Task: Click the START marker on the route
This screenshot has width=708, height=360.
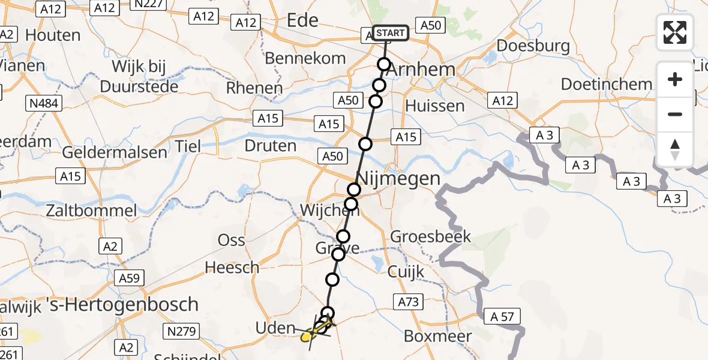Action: (x=391, y=33)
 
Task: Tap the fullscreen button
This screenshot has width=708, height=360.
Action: (x=675, y=32)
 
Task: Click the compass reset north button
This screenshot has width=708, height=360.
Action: (x=675, y=149)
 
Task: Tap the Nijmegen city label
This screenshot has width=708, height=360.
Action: (x=398, y=178)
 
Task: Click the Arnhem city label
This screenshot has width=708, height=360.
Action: (x=421, y=69)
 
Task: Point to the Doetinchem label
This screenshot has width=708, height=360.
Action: (x=606, y=84)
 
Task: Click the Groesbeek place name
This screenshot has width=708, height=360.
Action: (x=431, y=236)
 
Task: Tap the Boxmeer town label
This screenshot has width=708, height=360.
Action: (x=438, y=336)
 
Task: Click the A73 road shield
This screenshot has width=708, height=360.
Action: (x=407, y=302)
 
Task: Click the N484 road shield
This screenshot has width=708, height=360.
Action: (x=43, y=104)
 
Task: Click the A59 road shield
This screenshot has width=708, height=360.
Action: (x=128, y=278)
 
